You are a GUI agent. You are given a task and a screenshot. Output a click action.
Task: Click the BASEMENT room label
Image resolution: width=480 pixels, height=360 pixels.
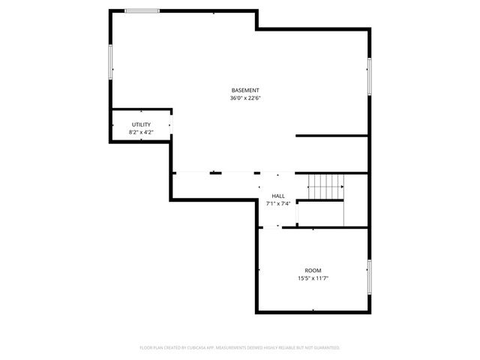[x=245, y=90]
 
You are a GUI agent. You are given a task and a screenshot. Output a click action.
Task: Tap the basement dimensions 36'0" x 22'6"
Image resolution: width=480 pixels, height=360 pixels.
[x=245, y=97]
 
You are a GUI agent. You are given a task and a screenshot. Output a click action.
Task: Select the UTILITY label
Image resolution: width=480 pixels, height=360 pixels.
[x=141, y=124]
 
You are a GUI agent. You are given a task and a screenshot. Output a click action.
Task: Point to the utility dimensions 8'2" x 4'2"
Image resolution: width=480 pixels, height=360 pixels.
[x=141, y=132]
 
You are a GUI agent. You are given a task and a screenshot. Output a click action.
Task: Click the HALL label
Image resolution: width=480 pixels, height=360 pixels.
[x=278, y=196]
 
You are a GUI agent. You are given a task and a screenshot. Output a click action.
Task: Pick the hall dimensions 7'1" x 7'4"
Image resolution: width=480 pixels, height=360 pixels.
[x=278, y=203]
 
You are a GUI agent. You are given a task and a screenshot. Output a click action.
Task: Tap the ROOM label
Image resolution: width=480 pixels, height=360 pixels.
[x=313, y=270]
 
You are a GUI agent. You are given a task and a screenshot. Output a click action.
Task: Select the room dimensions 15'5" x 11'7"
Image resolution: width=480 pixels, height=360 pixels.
[x=313, y=278]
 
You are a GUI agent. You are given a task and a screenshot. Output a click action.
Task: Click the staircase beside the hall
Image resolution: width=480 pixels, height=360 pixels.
[x=325, y=186]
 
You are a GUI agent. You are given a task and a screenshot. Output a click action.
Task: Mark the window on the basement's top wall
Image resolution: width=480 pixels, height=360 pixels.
[x=142, y=10]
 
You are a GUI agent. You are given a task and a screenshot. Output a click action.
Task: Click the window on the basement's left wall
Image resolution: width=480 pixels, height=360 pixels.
[x=111, y=61]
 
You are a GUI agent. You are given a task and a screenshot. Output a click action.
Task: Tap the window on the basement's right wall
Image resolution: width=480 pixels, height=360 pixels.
[x=369, y=76]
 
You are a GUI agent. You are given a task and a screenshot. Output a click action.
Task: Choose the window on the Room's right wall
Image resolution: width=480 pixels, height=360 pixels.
[x=369, y=277]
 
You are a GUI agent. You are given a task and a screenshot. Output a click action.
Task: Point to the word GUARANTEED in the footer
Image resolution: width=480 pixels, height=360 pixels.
[x=325, y=348]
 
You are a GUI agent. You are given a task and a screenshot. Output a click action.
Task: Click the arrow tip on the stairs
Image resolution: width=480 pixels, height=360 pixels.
[x=343, y=186]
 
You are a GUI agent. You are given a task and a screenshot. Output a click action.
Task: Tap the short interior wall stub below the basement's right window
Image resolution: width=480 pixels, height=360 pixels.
[x=331, y=136]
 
